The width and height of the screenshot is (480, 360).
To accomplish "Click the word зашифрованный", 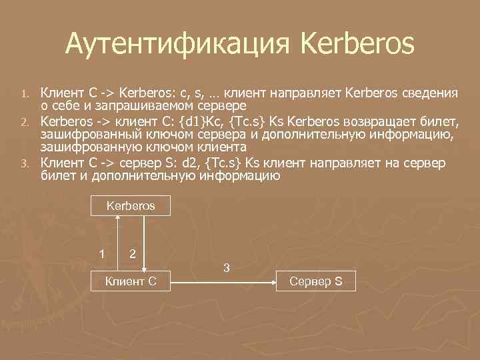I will coord(85,135).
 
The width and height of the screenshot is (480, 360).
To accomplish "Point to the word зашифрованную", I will coord(85,147).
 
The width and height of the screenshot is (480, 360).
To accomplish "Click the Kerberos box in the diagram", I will coord(131,206).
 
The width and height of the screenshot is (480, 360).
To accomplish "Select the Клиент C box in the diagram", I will coord(131,281).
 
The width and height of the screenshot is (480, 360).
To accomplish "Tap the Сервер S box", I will coord(316,281).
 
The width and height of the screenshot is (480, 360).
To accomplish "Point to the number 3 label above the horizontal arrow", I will coord(227,268).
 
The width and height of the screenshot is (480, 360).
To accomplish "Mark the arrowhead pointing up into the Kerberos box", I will coord(118,219).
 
